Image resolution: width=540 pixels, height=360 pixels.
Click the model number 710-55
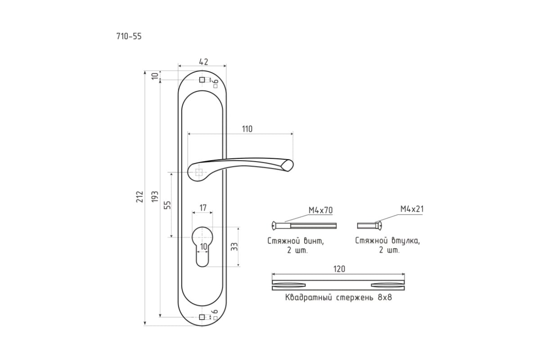click(x=129, y=36)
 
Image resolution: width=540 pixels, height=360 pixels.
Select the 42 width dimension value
click(x=203, y=62)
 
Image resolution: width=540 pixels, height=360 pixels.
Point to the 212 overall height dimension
click(x=139, y=197)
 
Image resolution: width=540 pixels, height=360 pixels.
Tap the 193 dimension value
click(x=155, y=197)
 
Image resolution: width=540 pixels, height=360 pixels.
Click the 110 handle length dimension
click(x=247, y=129)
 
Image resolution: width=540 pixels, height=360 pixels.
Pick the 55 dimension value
click(x=167, y=205)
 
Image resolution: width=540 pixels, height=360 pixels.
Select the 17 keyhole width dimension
click(x=203, y=207)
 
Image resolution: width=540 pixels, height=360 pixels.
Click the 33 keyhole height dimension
click(x=234, y=247)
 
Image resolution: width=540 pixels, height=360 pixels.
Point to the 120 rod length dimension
click(x=339, y=269)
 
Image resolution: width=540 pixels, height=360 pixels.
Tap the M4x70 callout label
click(x=320, y=210)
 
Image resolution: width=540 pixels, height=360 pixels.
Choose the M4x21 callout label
click(x=412, y=209)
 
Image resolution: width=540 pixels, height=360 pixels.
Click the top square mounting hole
click(x=202, y=80)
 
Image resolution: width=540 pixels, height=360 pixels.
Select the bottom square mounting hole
click(x=202, y=317)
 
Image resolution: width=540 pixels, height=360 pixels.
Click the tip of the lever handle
click(x=292, y=165)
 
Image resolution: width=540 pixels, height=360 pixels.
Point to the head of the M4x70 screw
click(x=274, y=226)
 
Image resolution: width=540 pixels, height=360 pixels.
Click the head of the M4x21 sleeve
click(x=379, y=226)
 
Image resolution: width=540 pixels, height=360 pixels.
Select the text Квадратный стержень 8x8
click(x=338, y=297)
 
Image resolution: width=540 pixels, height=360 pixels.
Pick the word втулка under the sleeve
click(x=405, y=241)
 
